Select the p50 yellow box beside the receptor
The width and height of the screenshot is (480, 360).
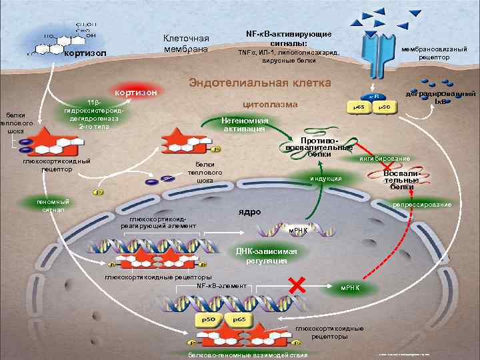384,107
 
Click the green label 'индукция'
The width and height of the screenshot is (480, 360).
326,178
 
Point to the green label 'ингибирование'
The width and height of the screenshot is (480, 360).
384,159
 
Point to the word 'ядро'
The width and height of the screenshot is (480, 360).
249,212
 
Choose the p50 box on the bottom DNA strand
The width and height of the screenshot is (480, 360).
209,320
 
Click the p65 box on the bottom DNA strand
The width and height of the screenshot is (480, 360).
239,320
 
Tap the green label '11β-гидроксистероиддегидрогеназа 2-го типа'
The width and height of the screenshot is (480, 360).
89,115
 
